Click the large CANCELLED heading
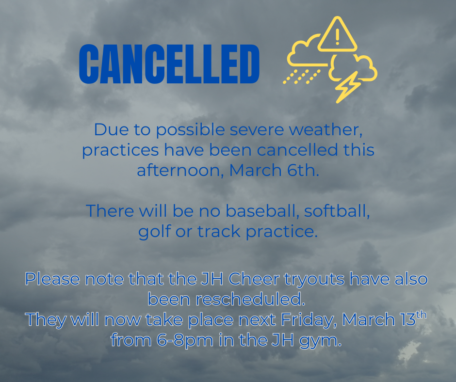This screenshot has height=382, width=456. point(169,64)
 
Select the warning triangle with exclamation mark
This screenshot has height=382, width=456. point(338,35)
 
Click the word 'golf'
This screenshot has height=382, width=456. point(154,232)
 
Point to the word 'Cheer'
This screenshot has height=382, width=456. point(253,279)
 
